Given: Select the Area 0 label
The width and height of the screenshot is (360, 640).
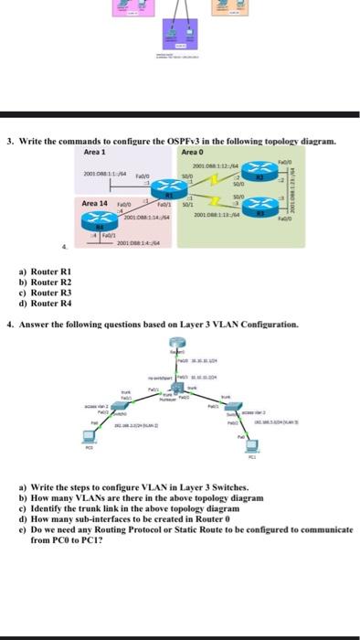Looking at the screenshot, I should (x=193, y=151).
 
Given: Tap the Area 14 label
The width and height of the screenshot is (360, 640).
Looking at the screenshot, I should (x=95, y=202).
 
